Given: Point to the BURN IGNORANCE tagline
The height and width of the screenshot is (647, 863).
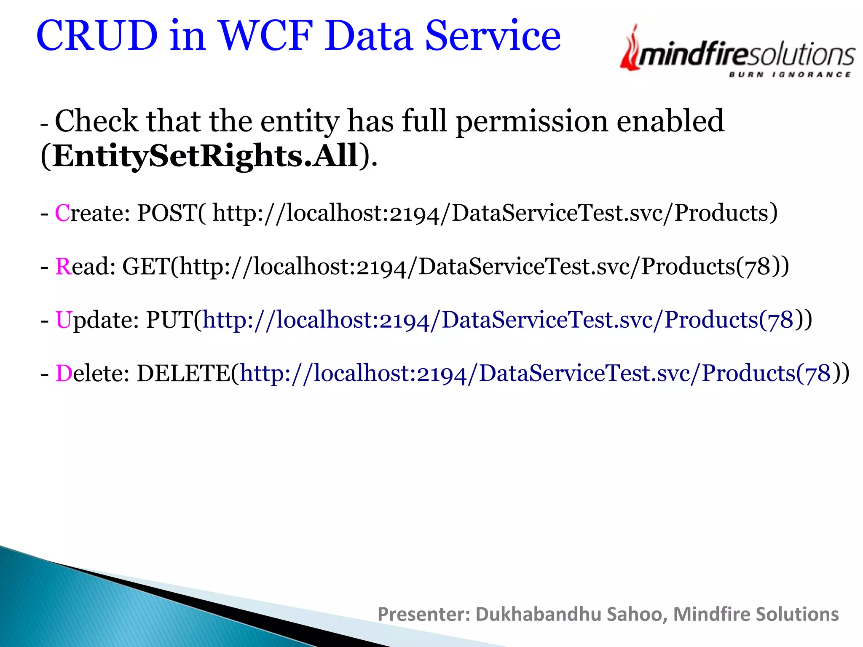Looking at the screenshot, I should [790, 75].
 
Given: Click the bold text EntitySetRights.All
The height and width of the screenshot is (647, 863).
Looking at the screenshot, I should [206, 156].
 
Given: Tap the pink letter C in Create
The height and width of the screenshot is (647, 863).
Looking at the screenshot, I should [62, 213].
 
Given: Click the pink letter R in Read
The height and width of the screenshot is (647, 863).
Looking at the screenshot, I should [63, 267].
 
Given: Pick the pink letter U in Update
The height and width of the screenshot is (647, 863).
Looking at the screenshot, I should [63, 320].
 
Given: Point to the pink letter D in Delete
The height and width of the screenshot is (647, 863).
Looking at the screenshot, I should [64, 374].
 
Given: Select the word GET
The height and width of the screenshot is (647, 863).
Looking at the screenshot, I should [146, 267].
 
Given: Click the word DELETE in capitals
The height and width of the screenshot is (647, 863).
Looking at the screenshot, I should [184, 374].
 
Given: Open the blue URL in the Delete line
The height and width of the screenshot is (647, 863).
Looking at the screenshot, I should [535, 374].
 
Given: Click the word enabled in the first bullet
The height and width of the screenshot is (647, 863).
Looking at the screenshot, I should [670, 121].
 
